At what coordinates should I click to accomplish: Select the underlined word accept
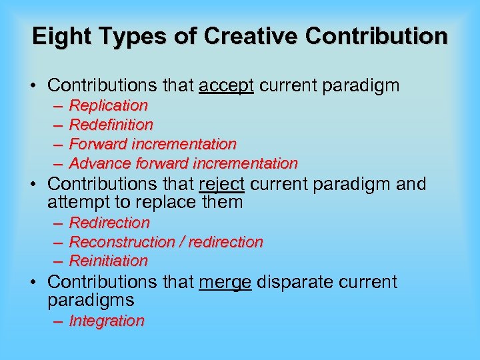click(226, 85)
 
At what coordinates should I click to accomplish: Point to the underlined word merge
click(225, 282)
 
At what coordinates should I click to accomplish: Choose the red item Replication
click(109, 105)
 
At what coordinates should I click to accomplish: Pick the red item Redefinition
click(111, 125)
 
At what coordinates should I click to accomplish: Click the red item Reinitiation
click(109, 261)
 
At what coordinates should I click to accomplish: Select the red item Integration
click(107, 321)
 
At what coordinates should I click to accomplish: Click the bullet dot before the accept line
click(35, 86)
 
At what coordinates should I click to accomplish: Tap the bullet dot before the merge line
click(35, 283)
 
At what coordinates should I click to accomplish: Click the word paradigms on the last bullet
click(91, 300)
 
